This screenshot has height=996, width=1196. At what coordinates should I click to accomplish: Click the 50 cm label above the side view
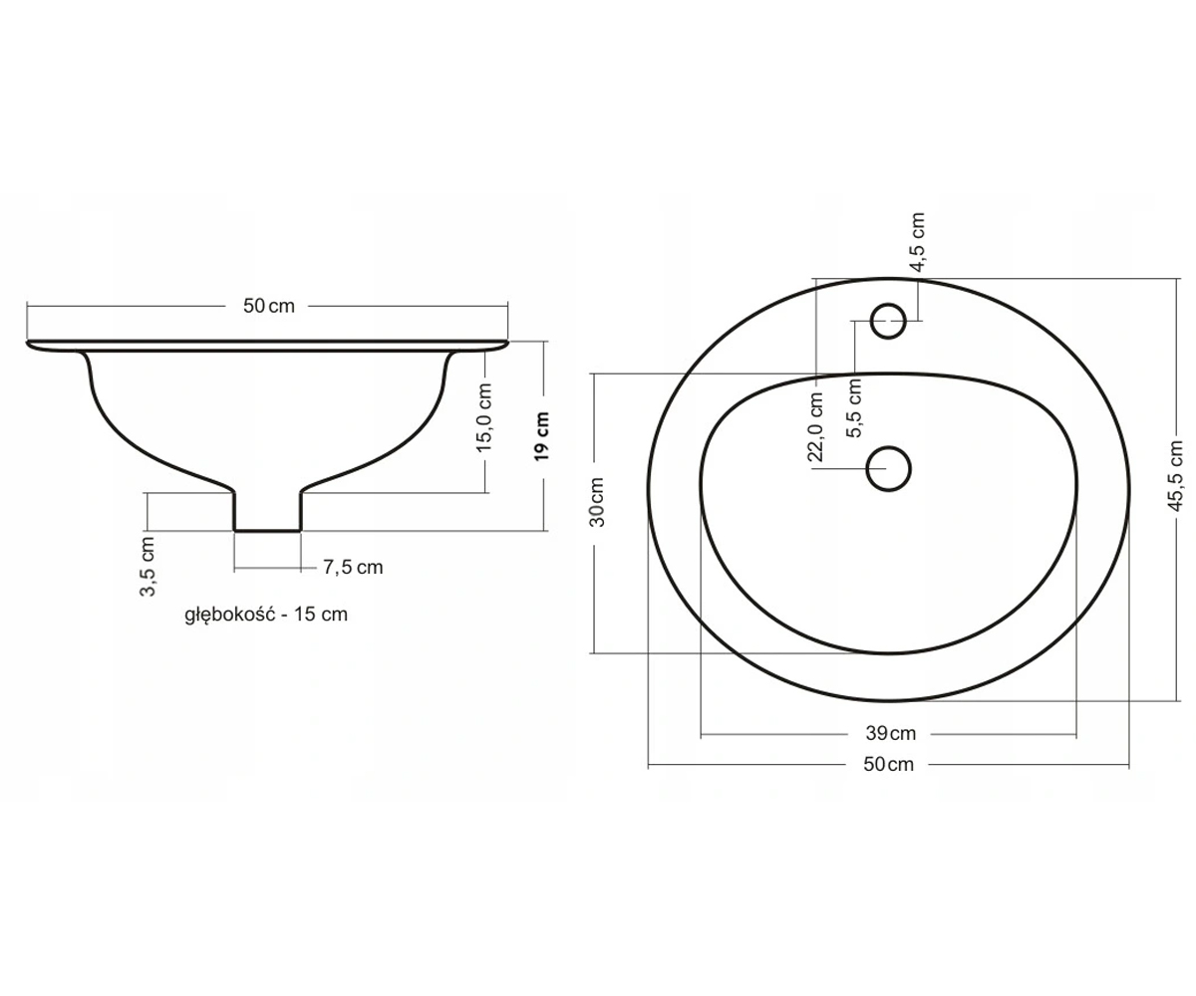click(269, 306)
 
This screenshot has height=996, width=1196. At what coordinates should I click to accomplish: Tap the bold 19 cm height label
click(542, 436)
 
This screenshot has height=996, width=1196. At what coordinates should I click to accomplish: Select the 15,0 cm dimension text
click(484, 417)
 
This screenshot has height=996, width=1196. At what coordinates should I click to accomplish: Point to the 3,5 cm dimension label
click(148, 566)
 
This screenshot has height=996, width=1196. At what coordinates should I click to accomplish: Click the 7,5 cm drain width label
click(353, 568)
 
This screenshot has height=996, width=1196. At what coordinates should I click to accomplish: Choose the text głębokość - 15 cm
click(266, 615)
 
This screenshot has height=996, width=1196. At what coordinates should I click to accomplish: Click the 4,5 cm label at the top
click(917, 242)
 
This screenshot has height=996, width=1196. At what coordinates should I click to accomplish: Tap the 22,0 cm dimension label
click(815, 426)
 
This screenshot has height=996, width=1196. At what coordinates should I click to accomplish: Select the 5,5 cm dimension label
click(854, 407)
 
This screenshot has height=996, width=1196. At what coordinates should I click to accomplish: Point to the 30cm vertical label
click(597, 502)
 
